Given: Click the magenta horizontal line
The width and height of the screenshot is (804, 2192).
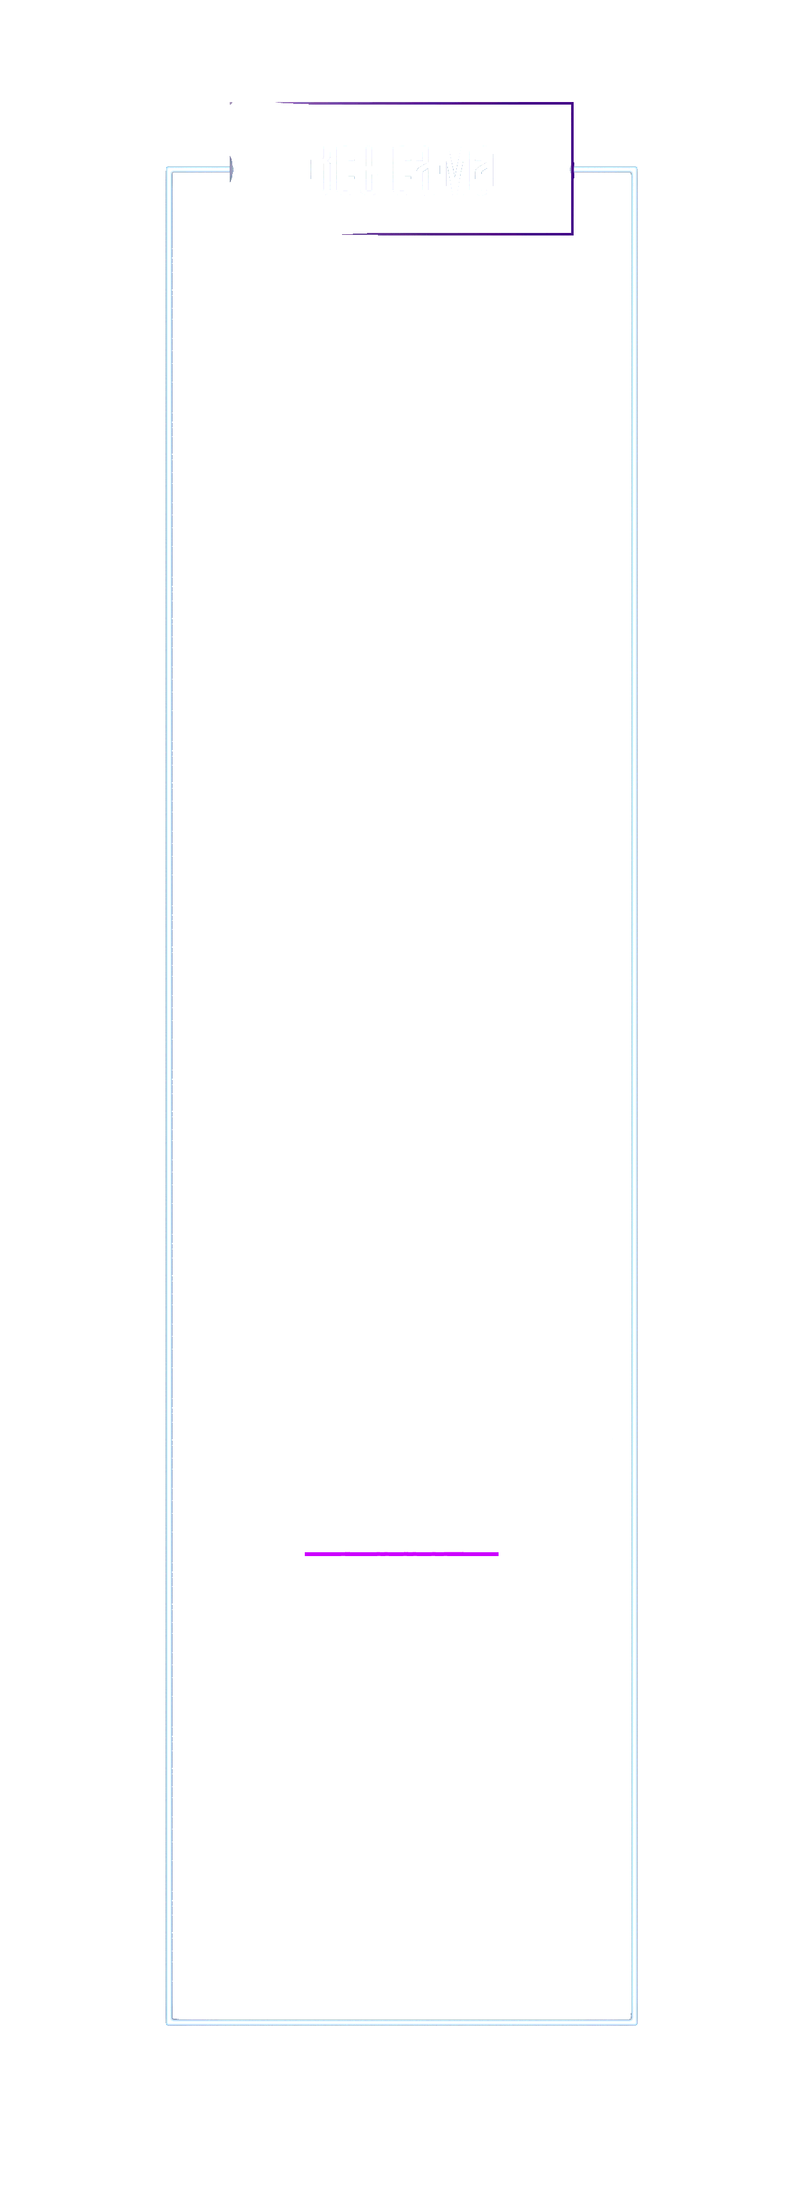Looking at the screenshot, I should click(402, 1554).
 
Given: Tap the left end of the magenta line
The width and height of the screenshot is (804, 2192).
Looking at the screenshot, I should click(306, 1554).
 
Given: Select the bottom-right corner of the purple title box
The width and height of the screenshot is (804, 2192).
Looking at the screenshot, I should click(572, 232).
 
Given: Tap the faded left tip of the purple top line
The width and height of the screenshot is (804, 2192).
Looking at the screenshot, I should click(281, 103).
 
